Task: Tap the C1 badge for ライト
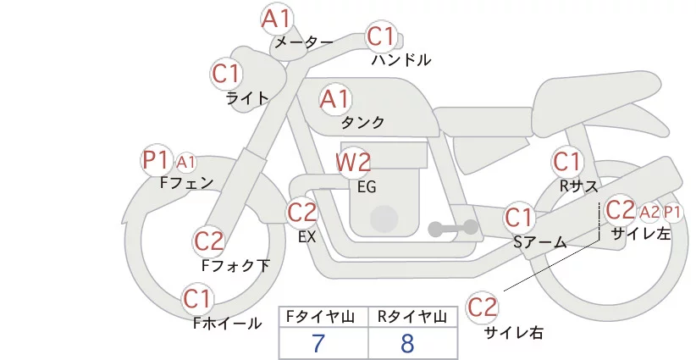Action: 226,74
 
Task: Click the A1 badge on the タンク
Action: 334,99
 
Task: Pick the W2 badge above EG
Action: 353,162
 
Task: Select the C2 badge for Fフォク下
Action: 208,242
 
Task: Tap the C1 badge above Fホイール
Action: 198,299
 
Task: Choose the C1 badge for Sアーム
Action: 519,217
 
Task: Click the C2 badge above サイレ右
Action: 483,307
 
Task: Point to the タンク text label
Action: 362,123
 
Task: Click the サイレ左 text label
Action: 640,235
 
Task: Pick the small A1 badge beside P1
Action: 186,162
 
